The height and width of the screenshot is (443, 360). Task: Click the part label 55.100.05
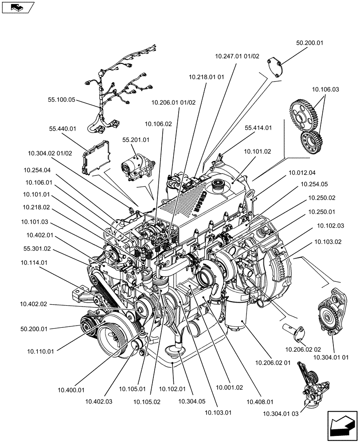(61, 101)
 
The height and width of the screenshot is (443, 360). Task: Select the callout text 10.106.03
(325, 89)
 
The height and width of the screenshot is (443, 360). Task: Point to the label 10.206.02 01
(273, 363)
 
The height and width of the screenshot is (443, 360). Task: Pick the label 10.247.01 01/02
(237, 56)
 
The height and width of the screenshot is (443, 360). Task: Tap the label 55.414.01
(258, 127)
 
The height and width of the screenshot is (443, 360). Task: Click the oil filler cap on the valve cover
(219, 185)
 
